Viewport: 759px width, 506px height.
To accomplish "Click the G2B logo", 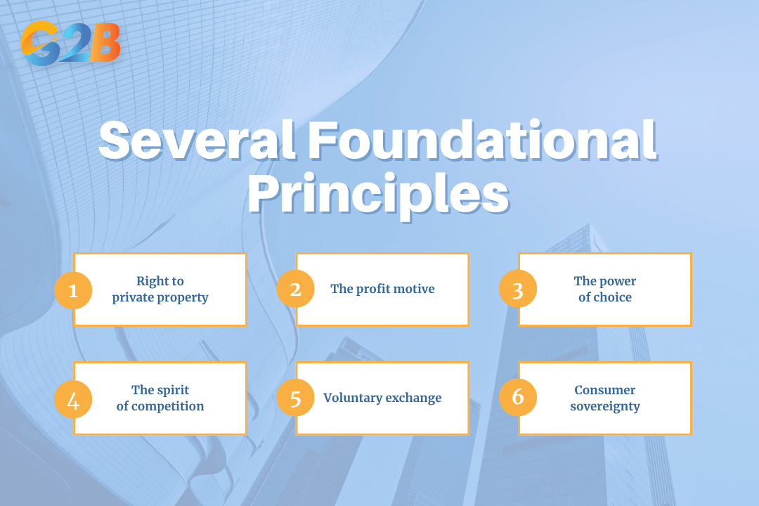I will tap(70, 44).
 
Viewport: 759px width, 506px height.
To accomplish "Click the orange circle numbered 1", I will tap(73, 290).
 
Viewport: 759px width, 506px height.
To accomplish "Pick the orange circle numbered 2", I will tap(295, 290).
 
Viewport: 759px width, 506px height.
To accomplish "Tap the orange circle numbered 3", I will tap(518, 290).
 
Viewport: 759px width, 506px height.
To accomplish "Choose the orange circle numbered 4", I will tap(73, 398).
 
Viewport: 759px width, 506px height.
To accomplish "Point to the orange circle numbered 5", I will tap(295, 398).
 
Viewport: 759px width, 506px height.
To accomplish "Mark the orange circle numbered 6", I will tap(518, 398).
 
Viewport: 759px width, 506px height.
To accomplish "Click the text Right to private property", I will tap(160, 290).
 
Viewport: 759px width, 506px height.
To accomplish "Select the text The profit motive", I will tap(382, 289).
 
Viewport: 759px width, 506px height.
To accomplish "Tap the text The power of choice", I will tap(605, 290).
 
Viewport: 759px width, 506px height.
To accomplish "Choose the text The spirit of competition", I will tap(160, 398).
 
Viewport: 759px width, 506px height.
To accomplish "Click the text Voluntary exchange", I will tap(382, 398).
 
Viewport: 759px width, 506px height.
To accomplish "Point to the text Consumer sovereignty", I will tap(605, 398).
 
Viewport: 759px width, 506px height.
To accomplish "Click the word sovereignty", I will tap(605, 407).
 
